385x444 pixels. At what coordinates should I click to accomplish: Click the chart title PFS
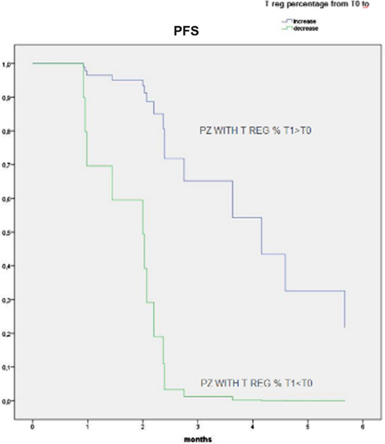(183, 32)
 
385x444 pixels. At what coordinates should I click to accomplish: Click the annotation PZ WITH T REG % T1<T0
(255, 383)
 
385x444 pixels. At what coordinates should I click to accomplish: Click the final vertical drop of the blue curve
(345, 310)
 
